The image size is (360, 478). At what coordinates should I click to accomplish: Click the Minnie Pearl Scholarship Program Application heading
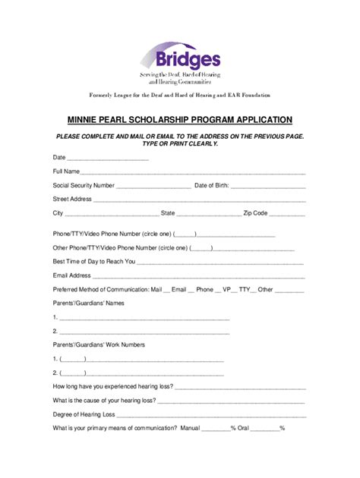pyautogui.click(x=179, y=120)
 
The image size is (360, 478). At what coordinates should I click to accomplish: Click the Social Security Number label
pyautogui.click(x=84, y=185)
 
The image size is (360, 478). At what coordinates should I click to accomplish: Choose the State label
pyautogui.click(x=169, y=213)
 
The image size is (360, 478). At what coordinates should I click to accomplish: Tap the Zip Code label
pyautogui.click(x=255, y=213)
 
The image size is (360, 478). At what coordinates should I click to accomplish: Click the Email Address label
pyautogui.click(x=71, y=275)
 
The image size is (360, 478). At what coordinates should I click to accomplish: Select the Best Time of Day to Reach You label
pyautogui.click(x=93, y=261)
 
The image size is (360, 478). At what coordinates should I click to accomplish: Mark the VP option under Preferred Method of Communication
pyautogui.click(x=226, y=289)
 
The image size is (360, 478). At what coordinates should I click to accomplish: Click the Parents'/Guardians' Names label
pyautogui.click(x=87, y=303)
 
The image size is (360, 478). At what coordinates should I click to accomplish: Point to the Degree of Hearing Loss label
pyautogui.click(x=84, y=414)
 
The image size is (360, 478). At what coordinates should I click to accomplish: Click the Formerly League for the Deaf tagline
pyautogui.click(x=179, y=95)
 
